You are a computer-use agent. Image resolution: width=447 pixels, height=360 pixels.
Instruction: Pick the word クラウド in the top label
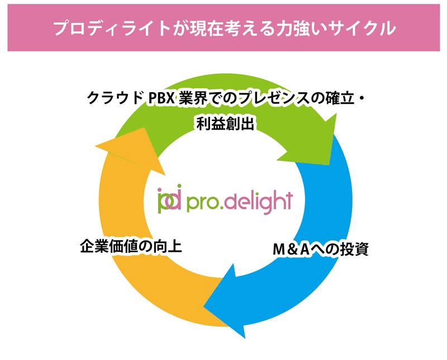tap(115, 100)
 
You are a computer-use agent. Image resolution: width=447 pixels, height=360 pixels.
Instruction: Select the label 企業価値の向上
tap(131, 246)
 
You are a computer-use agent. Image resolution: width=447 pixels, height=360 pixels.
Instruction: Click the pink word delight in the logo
tap(261, 200)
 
